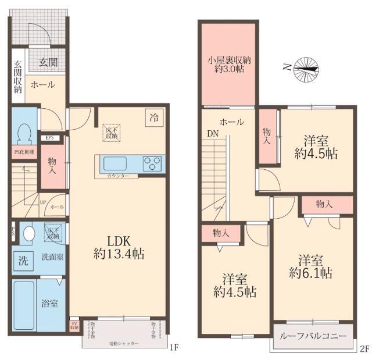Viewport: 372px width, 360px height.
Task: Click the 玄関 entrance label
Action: [48, 60]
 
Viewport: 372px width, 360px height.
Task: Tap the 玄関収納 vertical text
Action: [17, 77]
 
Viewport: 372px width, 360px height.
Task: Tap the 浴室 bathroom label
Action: [49, 304]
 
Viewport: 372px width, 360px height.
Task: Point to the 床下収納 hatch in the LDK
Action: [111, 133]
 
